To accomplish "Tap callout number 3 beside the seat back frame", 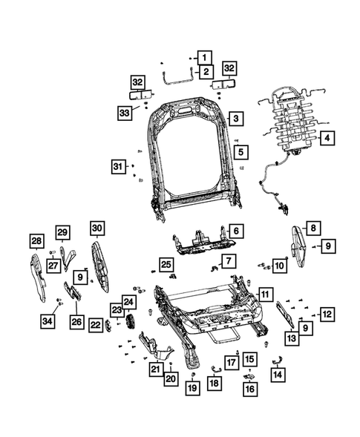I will pyautogui.click(x=235, y=118).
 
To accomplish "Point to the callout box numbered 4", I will pyautogui.click(x=327, y=137).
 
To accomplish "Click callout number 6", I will pyautogui.click(x=234, y=231).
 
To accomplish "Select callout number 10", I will pyautogui.click(x=278, y=266).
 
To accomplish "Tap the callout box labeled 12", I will pyautogui.click(x=326, y=314).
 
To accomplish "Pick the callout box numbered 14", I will pyautogui.click(x=278, y=376).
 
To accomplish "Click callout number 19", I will pyautogui.click(x=192, y=387).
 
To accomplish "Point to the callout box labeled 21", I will pyautogui.click(x=155, y=369).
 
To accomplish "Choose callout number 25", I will pyautogui.click(x=166, y=265).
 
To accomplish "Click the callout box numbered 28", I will pyautogui.click(x=36, y=240).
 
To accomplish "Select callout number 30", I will pyautogui.click(x=98, y=228).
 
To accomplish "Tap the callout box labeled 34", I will pyautogui.click(x=48, y=321).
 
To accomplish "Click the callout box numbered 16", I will pyautogui.click(x=249, y=387).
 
